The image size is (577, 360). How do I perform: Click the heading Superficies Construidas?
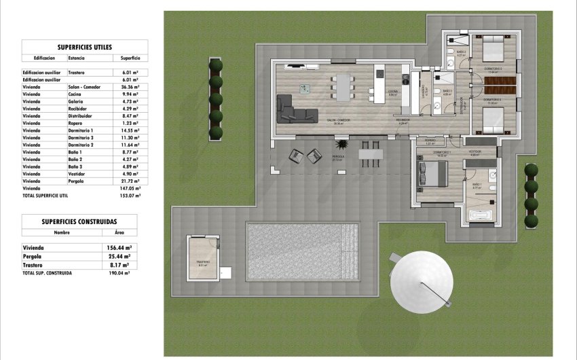coord(79,221)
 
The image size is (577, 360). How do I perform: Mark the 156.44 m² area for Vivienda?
coord(119,248)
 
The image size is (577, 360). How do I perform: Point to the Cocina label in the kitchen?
coord(392,92)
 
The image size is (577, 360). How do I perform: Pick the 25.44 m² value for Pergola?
coord(119,257)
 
